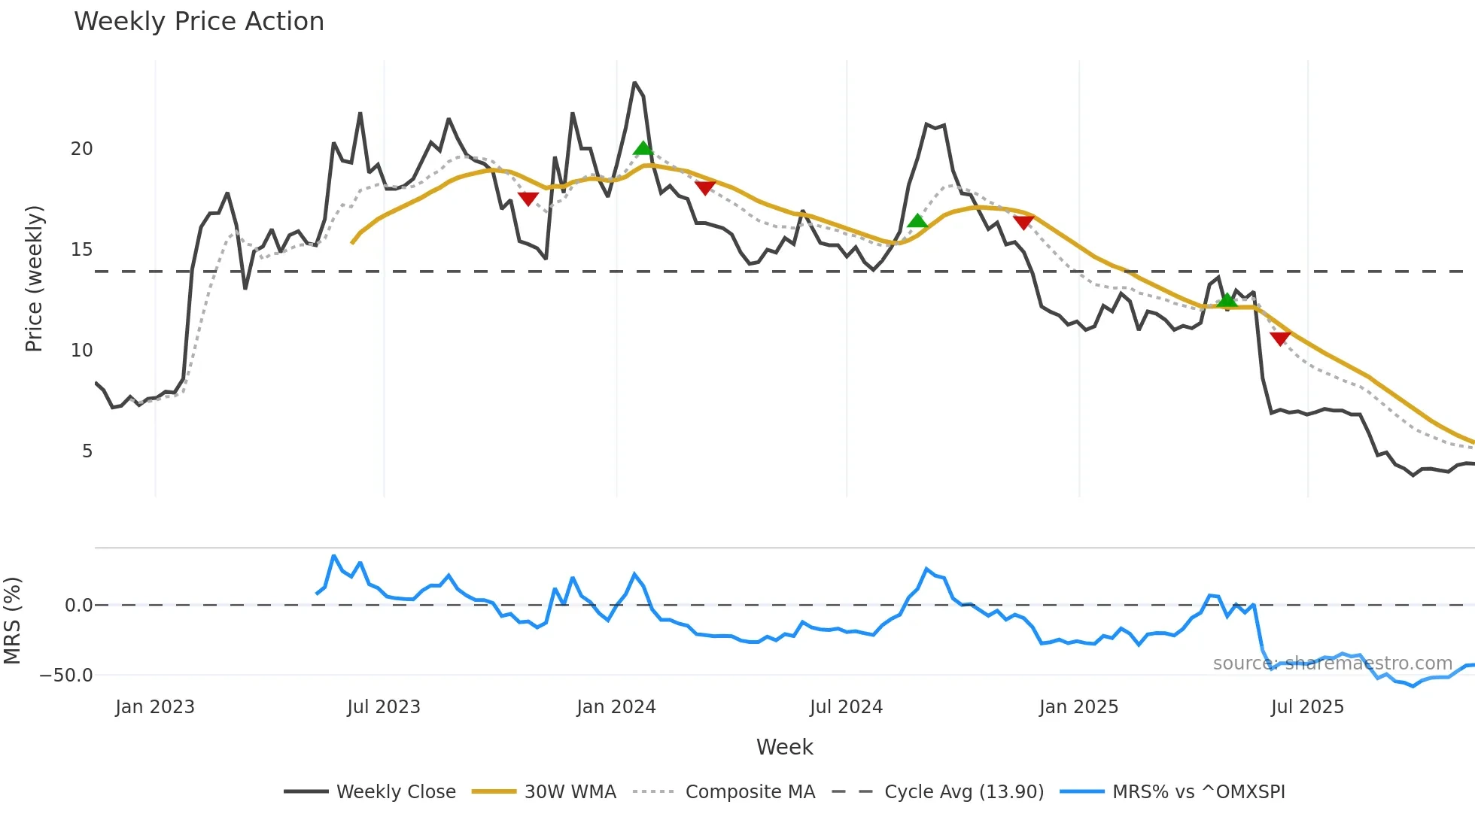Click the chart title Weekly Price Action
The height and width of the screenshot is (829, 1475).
199,21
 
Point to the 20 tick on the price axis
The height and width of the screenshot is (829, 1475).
81,149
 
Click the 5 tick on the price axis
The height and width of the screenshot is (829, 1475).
87,451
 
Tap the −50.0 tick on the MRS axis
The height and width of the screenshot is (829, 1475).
66,675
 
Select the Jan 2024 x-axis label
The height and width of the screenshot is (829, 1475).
616,707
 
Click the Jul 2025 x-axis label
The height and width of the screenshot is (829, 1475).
1307,707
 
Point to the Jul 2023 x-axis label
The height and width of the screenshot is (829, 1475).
383,707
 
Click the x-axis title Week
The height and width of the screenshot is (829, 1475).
784,747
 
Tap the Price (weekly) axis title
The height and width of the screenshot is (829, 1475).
34,278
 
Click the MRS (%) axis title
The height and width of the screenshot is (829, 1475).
12,621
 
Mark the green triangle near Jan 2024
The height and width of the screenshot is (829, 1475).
643,148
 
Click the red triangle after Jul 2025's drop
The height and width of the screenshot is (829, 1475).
1280,339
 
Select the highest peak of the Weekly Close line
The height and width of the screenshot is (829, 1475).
634,83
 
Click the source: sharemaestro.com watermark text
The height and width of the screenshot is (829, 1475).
1332,663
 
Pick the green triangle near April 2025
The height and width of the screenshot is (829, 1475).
1227,300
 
